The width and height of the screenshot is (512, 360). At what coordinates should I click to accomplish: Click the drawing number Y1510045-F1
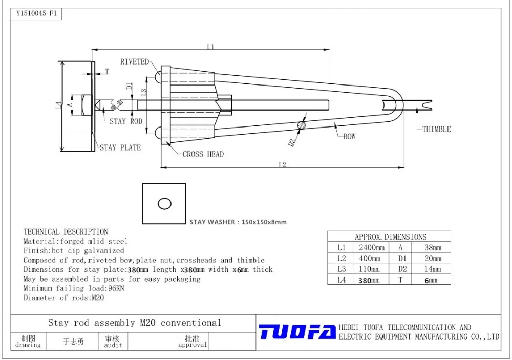(36, 14)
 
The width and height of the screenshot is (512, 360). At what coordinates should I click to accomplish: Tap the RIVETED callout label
(134, 62)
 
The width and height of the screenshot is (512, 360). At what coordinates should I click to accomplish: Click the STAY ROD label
(126, 121)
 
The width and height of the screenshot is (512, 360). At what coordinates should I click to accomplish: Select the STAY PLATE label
(120, 147)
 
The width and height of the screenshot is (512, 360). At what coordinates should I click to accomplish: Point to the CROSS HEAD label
(203, 154)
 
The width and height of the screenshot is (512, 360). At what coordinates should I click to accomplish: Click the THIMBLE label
(436, 130)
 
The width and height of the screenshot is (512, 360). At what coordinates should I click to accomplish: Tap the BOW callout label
(349, 137)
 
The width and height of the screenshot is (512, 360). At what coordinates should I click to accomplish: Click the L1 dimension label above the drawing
(210, 47)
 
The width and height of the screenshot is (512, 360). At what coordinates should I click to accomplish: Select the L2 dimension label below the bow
(282, 165)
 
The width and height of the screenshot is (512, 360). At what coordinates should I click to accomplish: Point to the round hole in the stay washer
(164, 204)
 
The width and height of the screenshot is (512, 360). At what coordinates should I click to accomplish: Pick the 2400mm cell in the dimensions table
(371, 247)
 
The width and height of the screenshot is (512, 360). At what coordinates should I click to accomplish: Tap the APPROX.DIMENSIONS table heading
(390, 237)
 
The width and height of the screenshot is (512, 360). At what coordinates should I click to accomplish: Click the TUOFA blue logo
(297, 332)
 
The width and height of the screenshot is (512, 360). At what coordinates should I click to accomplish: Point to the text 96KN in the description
(115, 288)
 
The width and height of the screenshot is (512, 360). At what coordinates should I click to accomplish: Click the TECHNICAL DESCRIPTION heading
(66, 232)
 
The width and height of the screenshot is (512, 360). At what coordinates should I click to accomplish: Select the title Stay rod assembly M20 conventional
(135, 323)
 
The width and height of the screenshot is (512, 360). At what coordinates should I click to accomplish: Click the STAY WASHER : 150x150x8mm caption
(238, 222)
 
